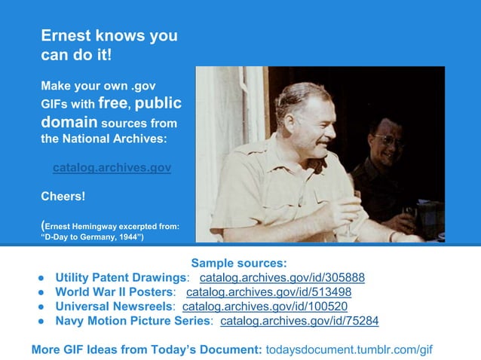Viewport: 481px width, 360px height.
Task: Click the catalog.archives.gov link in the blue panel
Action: click(112, 167)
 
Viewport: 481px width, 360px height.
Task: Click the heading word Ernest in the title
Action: click(66, 35)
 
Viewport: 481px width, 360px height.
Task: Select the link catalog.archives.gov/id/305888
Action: click(282, 277)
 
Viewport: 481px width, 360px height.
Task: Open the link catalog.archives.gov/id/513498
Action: click(268, 291)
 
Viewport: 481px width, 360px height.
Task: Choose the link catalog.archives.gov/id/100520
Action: click(265, 307)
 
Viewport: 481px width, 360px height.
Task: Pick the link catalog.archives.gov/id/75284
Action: click(299, 321)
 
